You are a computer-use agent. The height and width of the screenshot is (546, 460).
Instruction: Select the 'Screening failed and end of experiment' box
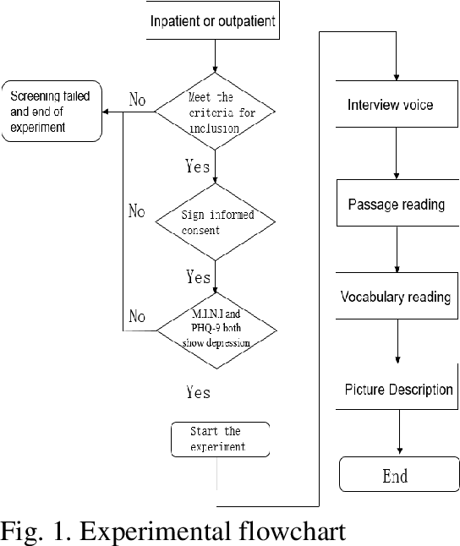click(52, 110)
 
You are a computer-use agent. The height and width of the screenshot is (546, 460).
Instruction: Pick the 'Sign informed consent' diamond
click(216, 221)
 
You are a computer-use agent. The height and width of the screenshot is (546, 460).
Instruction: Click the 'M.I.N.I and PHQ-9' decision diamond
click(216, 329)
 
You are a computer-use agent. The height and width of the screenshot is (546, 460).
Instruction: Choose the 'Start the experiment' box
click(220, 439)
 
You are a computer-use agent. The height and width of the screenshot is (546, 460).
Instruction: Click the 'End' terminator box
click(395, 476)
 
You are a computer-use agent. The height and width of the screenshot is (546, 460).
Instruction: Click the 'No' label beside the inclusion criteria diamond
click(137, 101)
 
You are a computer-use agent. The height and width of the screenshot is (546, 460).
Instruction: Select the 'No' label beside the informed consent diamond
click(137, 210)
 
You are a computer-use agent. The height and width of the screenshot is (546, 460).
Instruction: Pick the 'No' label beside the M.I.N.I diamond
click(137, 316)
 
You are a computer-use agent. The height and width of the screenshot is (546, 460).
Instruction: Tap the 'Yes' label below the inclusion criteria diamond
click(197, 166)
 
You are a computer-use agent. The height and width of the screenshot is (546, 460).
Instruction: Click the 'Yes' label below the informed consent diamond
click(197, 276)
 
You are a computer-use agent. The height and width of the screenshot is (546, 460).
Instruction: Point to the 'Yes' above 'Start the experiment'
click(197, 392)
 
